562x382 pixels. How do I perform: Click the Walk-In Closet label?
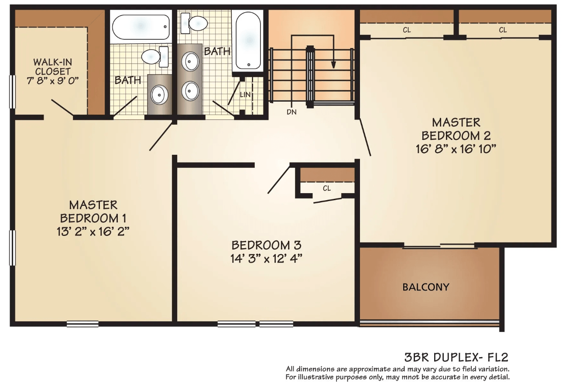coord(53,67)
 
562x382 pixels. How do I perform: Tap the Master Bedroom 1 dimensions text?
coord(93,232)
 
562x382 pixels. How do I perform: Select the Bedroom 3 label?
coord(266,246)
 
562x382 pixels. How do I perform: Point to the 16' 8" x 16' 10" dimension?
coord(456,149)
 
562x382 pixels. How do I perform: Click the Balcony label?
coord(426,287)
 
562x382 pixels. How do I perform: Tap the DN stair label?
coord(291,112)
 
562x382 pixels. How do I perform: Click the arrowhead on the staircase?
coord(333,65)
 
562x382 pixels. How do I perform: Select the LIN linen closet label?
coord(245,95)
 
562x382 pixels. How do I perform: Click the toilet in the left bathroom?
coord(155,56)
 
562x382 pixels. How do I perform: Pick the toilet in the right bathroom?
coord(194,23)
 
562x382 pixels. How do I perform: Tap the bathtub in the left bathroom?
coord(141,27)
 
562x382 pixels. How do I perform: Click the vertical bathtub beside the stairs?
coord(248,41)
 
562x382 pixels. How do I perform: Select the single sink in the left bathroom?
coord(159,95)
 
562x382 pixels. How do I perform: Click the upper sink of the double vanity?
coord(190,61)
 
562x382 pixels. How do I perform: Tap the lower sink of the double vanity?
coord(190,91)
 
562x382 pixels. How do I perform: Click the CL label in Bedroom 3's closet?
coord(327,188)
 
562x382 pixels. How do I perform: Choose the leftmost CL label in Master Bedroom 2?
coord(407,30)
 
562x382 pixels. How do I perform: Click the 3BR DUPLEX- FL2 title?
coord(456,357)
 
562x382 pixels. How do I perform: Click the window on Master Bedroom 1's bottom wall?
coord(82,324)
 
